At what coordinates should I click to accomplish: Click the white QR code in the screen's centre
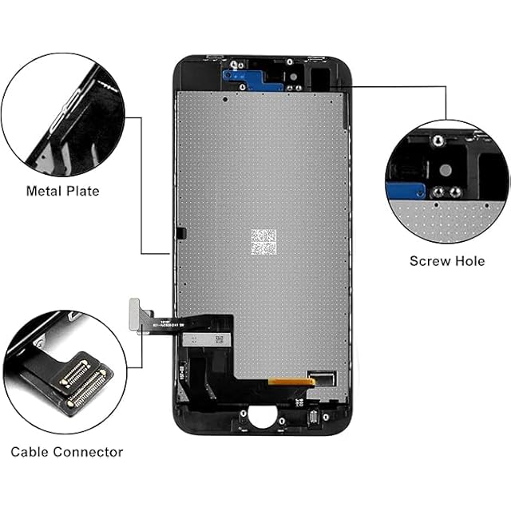click(263, 240)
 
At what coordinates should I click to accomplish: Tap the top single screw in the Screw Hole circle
click(437, 141)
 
